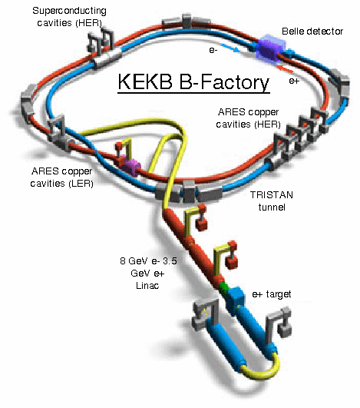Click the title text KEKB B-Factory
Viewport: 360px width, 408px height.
(193, 82)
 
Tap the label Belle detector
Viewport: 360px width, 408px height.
(312, 32)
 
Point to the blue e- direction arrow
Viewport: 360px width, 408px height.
(230, 48)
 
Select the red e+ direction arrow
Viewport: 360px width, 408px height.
(285, 69)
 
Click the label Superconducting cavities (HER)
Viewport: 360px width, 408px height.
(69, 17)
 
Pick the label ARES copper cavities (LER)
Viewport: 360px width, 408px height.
(62, 177)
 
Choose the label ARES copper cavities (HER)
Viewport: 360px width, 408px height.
(248, 118)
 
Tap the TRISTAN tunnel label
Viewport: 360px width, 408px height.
(272, 201)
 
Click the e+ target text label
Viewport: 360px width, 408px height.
(272, 294)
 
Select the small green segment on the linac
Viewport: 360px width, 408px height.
(223, 288)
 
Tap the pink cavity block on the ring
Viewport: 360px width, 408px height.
(130, 165)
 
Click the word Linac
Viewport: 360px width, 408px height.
(147, 285)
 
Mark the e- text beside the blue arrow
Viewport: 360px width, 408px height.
(213, 50)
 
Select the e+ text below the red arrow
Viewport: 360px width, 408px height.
(294, 81)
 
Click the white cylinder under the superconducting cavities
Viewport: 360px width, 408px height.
(107, 59)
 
